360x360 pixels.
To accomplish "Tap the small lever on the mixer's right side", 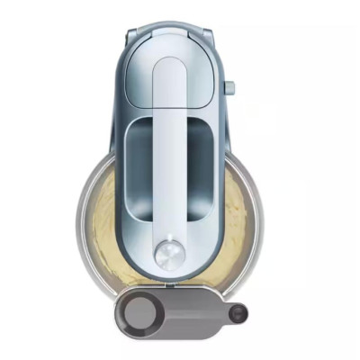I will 229,88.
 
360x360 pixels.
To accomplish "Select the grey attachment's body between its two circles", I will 193,313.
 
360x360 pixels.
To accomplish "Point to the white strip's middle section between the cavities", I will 169,171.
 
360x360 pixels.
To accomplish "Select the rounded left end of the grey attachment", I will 119,313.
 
